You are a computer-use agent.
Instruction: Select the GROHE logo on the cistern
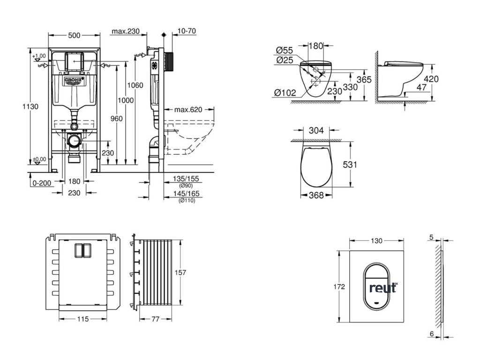tap(74, 81)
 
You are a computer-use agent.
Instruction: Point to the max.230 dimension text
tap(126, 31)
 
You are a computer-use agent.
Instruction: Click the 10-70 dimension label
tap(187, 31)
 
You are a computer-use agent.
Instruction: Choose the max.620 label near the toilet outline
tap(188, 110)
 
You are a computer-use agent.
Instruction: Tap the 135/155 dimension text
tap(186, 179)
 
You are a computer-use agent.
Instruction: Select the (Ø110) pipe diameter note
tap(187, 201)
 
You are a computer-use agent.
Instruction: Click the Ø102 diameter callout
tap(285, 93)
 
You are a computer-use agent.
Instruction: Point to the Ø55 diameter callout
tap(285, 49)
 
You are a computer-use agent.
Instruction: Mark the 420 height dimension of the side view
tap(431, 79)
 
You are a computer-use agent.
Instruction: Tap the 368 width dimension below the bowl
tap(317, 195)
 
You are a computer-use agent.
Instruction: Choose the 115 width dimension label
tap(82, 319)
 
